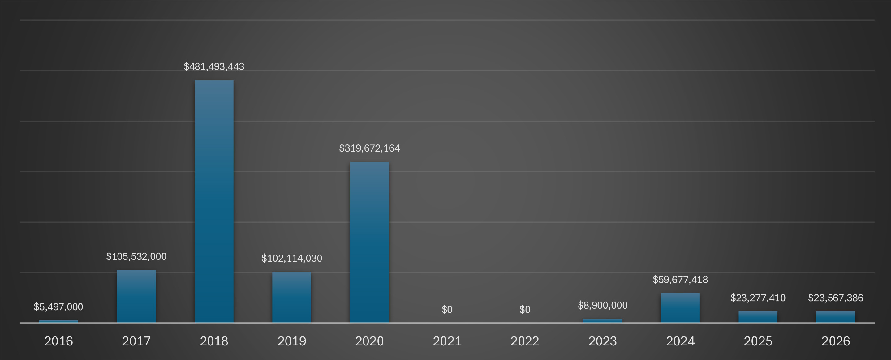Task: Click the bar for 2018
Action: tap(214, 201)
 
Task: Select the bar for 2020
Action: tap(369, 242)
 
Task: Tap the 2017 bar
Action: tap(136, 296)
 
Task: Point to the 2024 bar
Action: tap(680, 308)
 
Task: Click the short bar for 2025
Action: tap(758, 317)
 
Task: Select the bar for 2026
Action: tap(835, 317)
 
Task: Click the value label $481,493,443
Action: tap(214, 66)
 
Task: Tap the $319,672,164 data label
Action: tap(369, 148)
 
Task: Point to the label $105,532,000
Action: tap(136, 256)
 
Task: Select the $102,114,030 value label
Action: tap(291, 258)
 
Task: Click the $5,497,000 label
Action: tap(58, 306)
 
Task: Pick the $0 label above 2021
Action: tap(447, 309)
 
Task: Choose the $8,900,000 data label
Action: tap(603, 305)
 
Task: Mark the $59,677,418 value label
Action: tap(680, 279)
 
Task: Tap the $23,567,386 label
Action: tap(835, 298)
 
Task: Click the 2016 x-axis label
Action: tap(58, 341)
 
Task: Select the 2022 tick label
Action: tap(525, 341)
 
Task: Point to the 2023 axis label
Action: tap(603, 341)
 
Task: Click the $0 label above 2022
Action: tap(525, 309)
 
